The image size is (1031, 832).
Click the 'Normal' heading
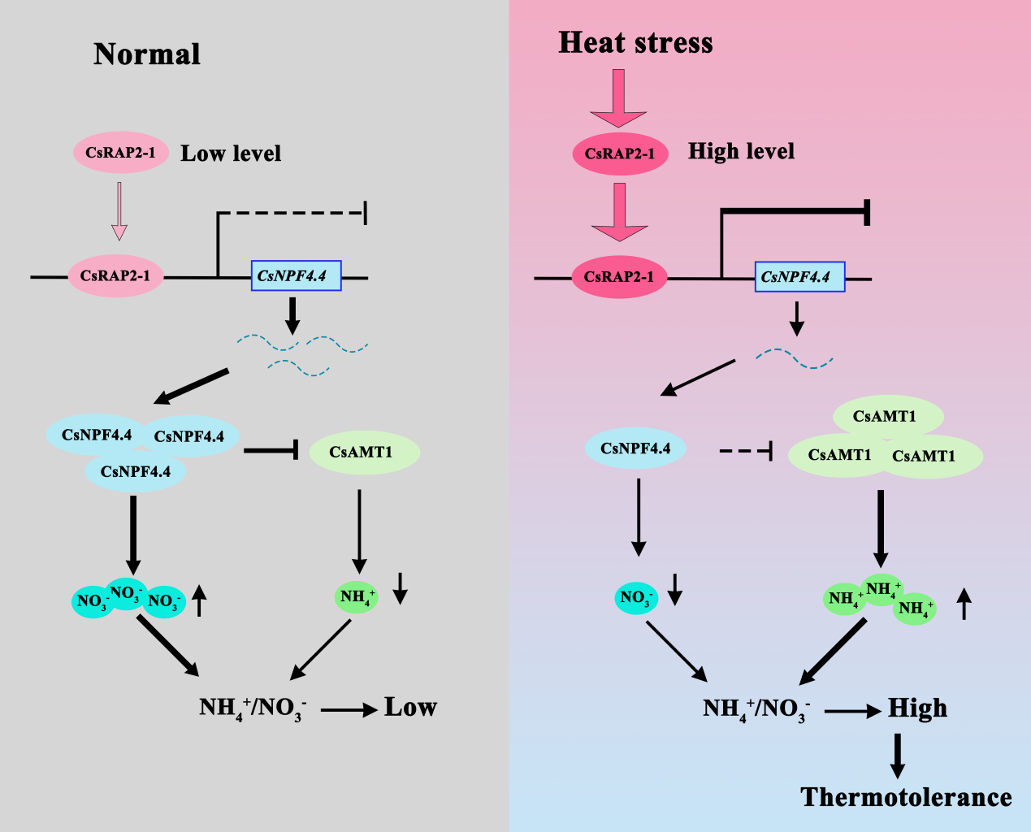(x=147, y=54)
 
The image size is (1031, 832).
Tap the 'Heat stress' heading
(x=635, y=43)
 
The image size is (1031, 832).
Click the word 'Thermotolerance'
(x=906, y=797)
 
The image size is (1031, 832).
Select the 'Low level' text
(x=231, y=154)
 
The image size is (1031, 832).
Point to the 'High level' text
(x=741, y=151)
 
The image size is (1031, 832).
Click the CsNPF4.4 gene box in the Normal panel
(x=296, y=276)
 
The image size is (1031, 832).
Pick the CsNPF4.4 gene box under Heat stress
(x=799, y=277)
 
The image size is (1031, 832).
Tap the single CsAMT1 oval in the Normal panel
(x=364, y=453)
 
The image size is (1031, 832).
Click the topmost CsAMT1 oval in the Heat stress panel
(x=887, y=417)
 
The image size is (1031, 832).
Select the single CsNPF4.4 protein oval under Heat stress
(x=635, y=448)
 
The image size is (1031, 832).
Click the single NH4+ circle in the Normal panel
(x=357, y=597)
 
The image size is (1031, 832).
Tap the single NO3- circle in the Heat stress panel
(x=635, y=598)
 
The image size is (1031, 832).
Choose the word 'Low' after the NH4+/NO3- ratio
(x=410, y=708)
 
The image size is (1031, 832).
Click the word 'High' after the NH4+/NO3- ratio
(x=917, y=708)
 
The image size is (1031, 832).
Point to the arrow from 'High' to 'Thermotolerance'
(x=897, y=756)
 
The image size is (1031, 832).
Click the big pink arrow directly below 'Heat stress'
(x=619, y=97)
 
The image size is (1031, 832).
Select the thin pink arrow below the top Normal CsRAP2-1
(x=119, y=210)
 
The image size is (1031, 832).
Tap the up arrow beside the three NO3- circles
(x=200, y=601)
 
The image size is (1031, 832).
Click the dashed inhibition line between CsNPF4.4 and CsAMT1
(x=744, y=449)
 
